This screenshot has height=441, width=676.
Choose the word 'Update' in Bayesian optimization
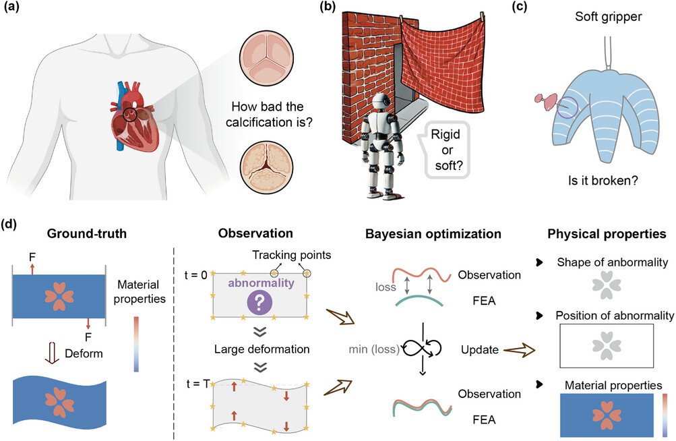pos(480,351)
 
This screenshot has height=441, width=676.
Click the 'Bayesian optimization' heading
pos(432,234)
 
